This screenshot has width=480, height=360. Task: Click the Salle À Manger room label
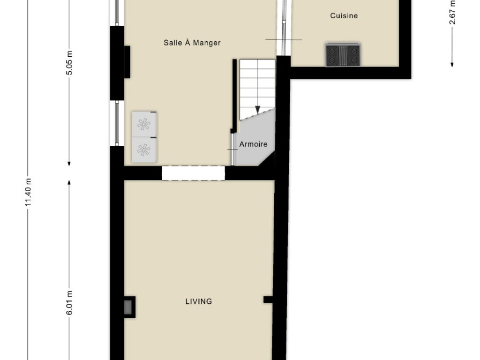(x=192, y=43)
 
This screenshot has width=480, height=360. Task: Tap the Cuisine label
(x=344, y=15)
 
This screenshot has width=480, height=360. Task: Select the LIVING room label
(x=199, y=301)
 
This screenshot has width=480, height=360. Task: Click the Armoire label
(x=253, y=144)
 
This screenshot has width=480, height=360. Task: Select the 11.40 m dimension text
(x=28, y=192)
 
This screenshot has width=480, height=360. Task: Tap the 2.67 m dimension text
(x=452, y=12)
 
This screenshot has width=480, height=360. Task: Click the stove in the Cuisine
(x=343, y=55)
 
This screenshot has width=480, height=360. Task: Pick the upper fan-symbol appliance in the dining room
(x=144, y=124)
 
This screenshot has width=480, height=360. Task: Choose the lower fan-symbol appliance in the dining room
(x=144, y=150)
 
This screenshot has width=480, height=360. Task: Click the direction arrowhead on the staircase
(x=258, y=110)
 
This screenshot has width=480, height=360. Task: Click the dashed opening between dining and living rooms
(x=193, y=173)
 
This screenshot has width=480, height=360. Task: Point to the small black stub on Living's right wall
(x=268, y=300)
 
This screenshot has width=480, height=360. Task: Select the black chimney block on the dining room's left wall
(x=127, y=62)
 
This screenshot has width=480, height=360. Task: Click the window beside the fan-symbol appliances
(x=117, y=123)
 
